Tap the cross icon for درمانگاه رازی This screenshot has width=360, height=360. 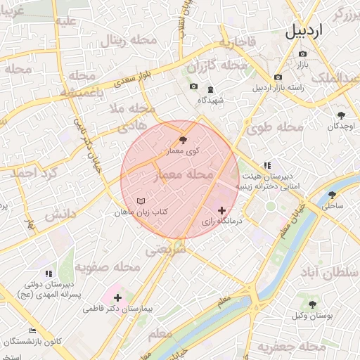click(222, 210)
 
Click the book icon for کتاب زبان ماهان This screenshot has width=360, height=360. click(141, 201)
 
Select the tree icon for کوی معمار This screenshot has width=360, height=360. click(184, 140)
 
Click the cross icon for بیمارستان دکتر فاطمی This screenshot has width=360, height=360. click(117, 297)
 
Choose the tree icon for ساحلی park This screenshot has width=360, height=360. click(333, 195)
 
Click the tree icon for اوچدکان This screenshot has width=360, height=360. click(342, 115)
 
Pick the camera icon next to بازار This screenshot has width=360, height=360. click(303, 53)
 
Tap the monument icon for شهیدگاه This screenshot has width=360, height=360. click(211, 89)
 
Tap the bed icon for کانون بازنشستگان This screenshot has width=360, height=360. click(32, 330)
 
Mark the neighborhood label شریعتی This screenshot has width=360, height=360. click(166, 248)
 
